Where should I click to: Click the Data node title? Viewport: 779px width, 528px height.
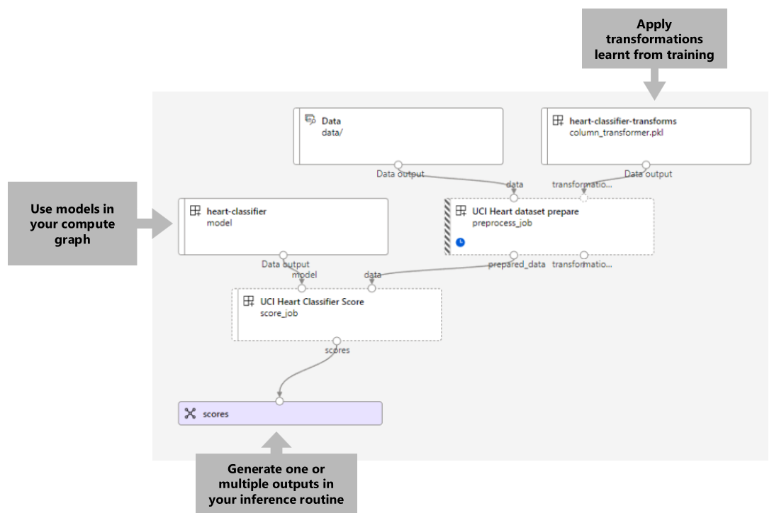pos(331,121)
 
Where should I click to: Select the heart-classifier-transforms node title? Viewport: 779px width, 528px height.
pos(622,121)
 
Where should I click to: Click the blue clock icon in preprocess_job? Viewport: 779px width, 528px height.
pos(460,242)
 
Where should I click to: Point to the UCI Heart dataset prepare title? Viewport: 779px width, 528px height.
pos(525,211)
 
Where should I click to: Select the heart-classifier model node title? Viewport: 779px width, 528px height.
pos(236,211)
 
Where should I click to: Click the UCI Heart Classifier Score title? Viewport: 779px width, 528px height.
pos(312,302)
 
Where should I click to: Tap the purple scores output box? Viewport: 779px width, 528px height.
pos(280,413)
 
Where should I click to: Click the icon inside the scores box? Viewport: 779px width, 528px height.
pos(190,414)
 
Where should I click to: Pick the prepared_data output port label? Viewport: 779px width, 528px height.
pos(517,265)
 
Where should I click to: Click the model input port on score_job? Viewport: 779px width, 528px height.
pos(301,288)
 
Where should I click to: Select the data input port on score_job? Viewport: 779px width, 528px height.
pos(371,288)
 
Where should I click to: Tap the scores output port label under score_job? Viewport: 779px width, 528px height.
pos(337,350)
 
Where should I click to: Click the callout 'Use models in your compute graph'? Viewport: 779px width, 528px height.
pos(72,224)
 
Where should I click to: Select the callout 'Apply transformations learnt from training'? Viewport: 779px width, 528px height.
pos(654,39)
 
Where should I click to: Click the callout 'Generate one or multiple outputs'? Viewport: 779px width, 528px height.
pos(276,483)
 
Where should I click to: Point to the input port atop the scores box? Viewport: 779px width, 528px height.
pos(279,401)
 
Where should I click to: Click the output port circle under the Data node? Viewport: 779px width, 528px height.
pos(398,165)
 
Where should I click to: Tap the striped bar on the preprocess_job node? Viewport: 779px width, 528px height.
pos(447,226)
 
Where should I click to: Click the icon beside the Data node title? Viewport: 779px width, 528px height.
pos(310,121)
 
